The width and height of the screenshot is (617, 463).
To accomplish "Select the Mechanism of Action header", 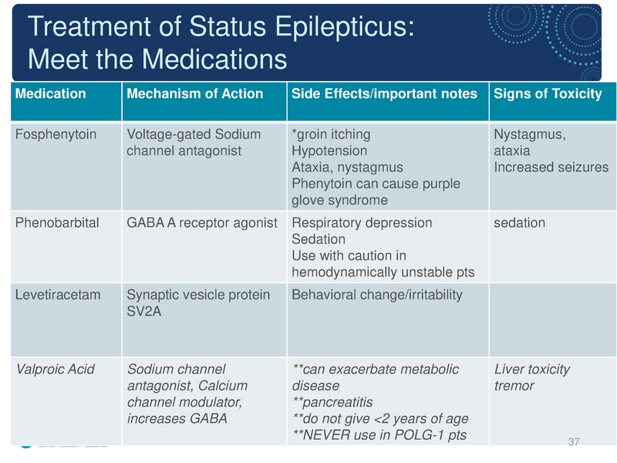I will pos(194,94).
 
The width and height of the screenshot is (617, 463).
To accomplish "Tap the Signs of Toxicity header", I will pos(548,94).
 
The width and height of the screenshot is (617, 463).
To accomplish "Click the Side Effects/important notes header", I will pos(385,94).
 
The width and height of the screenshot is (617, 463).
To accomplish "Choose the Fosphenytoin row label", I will pos(56,135).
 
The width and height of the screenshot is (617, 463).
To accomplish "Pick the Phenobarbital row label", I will pos(58,223).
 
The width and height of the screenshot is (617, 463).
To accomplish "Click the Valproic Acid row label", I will pos(56,370).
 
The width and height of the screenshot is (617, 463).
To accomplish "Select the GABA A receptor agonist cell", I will pos(201,223).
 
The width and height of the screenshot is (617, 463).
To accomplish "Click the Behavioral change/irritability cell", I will pos(377,296).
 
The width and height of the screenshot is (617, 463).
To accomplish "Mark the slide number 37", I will pos(573,441).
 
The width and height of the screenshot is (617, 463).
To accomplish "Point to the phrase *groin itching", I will pos(332,135).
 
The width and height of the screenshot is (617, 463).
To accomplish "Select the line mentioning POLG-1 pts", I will pos(379,435).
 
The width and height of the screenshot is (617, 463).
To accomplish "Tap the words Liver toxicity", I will pos(532,370).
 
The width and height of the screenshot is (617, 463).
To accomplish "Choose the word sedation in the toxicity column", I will pos(519,223).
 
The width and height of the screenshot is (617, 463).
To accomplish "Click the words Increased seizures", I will pos(551,167).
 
